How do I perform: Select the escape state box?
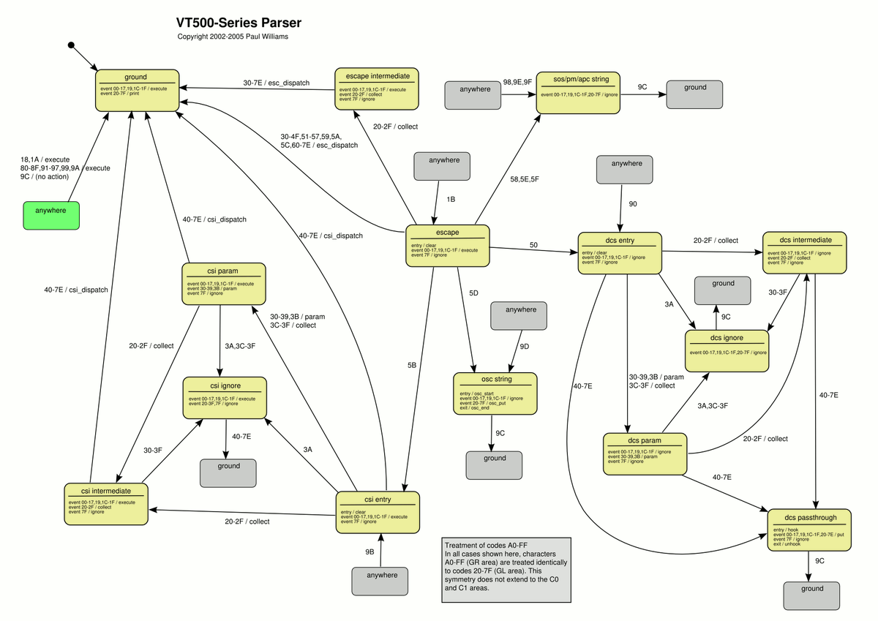tap(446, 245)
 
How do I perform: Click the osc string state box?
tap(495, 394)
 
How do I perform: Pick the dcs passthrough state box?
tap(811, 529)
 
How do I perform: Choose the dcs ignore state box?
tap(727, 347)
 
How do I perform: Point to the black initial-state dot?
tap(71, 45)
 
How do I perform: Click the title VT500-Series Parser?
tap(239, 23)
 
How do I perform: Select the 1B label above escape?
tap(451, 198)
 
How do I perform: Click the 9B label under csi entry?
tap(369, 550)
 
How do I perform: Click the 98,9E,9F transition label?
tap(517, 83)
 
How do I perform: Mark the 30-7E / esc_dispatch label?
tap(277, 83)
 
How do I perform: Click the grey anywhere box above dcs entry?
tap(624, 169)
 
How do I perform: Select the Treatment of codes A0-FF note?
tap(505, 570)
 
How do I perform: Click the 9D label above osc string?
tap(524, 346)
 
